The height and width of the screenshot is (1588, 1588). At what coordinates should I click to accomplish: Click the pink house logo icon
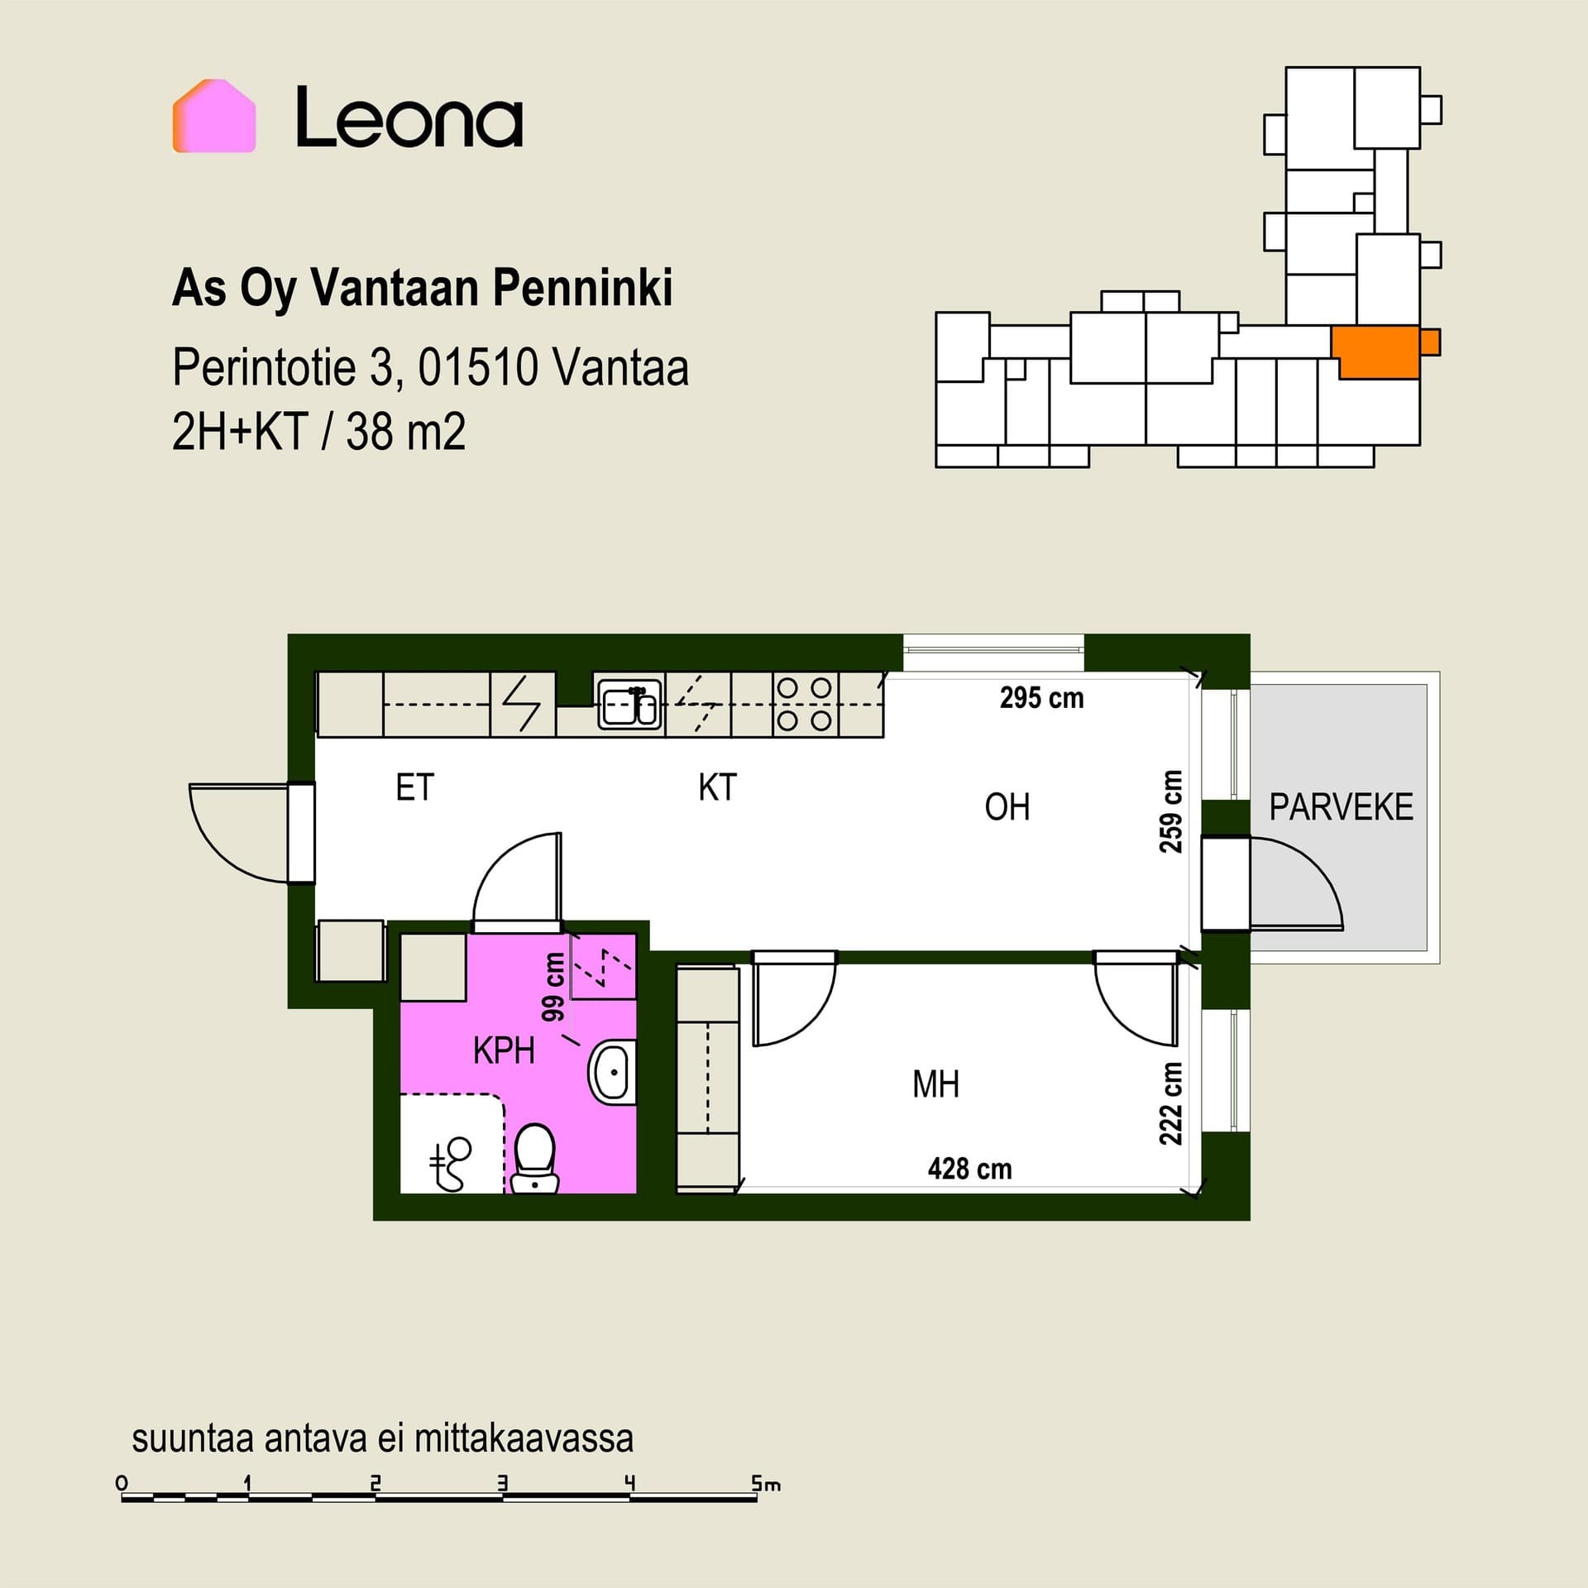[x=214, y=116]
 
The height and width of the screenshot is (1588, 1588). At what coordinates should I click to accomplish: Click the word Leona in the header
[x=409, y=117]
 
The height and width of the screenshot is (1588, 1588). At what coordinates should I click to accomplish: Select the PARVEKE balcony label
[x=1341, y=807]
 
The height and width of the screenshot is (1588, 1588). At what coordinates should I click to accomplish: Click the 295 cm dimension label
[x=1041, y=698]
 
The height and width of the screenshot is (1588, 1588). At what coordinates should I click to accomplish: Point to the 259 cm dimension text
[x=1171, y=811]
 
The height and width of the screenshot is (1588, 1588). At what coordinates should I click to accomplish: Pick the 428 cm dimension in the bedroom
[x=969, y=1169]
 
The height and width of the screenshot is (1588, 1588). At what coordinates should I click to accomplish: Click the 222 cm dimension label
[x=1171, y=1103]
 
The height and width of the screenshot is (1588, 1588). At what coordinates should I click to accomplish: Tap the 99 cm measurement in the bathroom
[x=552, y=987]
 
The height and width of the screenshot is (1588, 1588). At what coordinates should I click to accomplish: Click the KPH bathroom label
[x=504, y=1050]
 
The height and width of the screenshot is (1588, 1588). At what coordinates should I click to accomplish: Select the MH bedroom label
[x=935, y=1083]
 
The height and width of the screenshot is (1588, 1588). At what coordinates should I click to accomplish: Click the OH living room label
[x=1007, y=806]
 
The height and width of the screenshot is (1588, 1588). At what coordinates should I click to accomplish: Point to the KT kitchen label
[x=717, y=787]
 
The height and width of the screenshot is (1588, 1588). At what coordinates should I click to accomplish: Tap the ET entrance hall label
[x=414, y=787]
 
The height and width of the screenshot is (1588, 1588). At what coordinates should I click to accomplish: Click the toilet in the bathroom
[x=534, y=1158]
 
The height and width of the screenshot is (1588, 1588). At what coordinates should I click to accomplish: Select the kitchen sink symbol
[x=629, y=705]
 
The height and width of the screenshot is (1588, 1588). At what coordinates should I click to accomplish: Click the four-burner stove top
[x=805, y=705]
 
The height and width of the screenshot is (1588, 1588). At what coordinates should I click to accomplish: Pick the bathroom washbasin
[x=612, y=1072]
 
